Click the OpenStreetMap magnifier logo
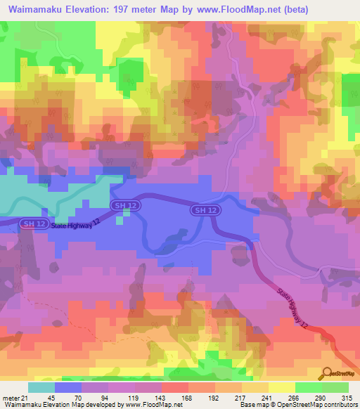(x=326, y=374)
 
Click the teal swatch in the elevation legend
(x=41, y=387)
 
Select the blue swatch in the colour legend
(x=68, y=387)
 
